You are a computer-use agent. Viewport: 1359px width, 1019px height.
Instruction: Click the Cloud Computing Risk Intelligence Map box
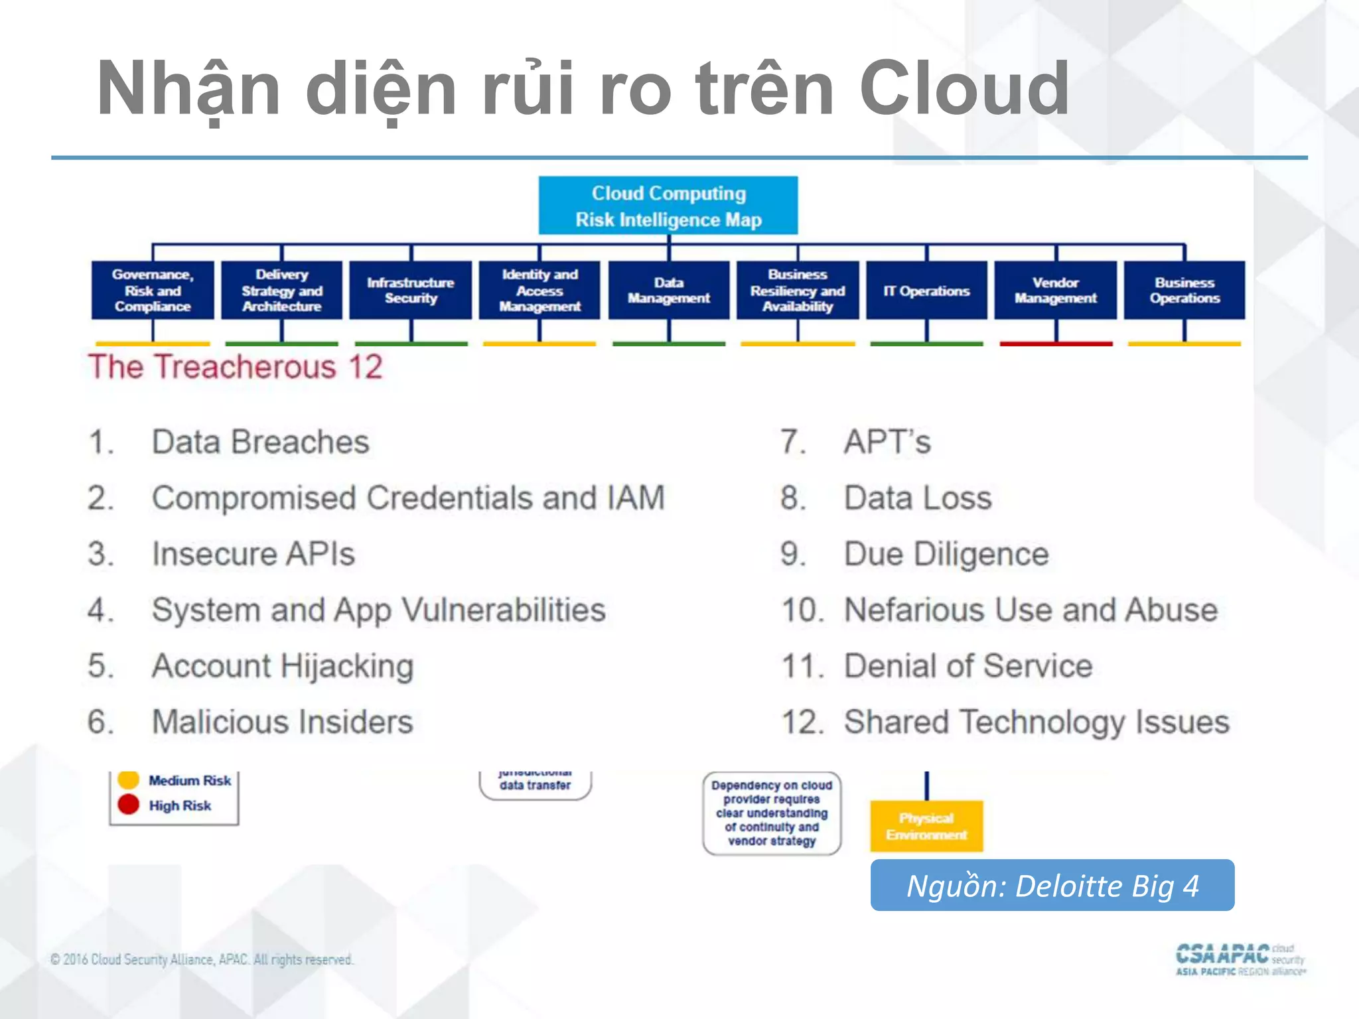pos(668,206)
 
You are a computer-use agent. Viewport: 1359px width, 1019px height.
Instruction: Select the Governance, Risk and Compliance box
pos(153,291)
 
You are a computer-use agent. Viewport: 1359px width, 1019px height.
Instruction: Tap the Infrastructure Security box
pos(410,291)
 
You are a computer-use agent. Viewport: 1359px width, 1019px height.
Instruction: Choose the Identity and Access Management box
pos(539,291)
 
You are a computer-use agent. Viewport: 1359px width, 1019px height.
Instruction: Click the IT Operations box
pos(926,291)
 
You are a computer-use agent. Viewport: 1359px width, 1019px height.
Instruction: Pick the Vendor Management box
pos(1055,291)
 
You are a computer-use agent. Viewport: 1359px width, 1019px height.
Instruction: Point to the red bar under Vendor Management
pos(1055,344)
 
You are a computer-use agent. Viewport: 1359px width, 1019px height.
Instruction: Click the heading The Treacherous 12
pos(236,367)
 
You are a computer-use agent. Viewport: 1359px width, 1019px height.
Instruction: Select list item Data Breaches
pos(260,442)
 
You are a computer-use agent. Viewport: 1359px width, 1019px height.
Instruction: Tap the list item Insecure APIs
pos(253,554)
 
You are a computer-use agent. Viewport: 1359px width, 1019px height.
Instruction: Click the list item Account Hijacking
pos(283,666)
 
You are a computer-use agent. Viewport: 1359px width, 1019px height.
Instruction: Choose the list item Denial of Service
pos(967,666)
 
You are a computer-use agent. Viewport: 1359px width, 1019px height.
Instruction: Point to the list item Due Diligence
pos(946,554)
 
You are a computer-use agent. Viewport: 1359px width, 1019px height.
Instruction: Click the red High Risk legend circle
pos(128,804)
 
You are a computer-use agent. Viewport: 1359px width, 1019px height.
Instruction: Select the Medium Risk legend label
pos(190,781)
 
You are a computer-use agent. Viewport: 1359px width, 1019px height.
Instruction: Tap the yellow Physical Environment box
pos(926,826)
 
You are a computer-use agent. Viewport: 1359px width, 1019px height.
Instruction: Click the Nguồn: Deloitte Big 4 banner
pos(1052,886)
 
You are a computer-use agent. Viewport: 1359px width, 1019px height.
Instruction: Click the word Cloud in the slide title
pos(964,88)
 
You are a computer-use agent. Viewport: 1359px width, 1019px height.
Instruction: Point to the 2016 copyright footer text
pos(202,959)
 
